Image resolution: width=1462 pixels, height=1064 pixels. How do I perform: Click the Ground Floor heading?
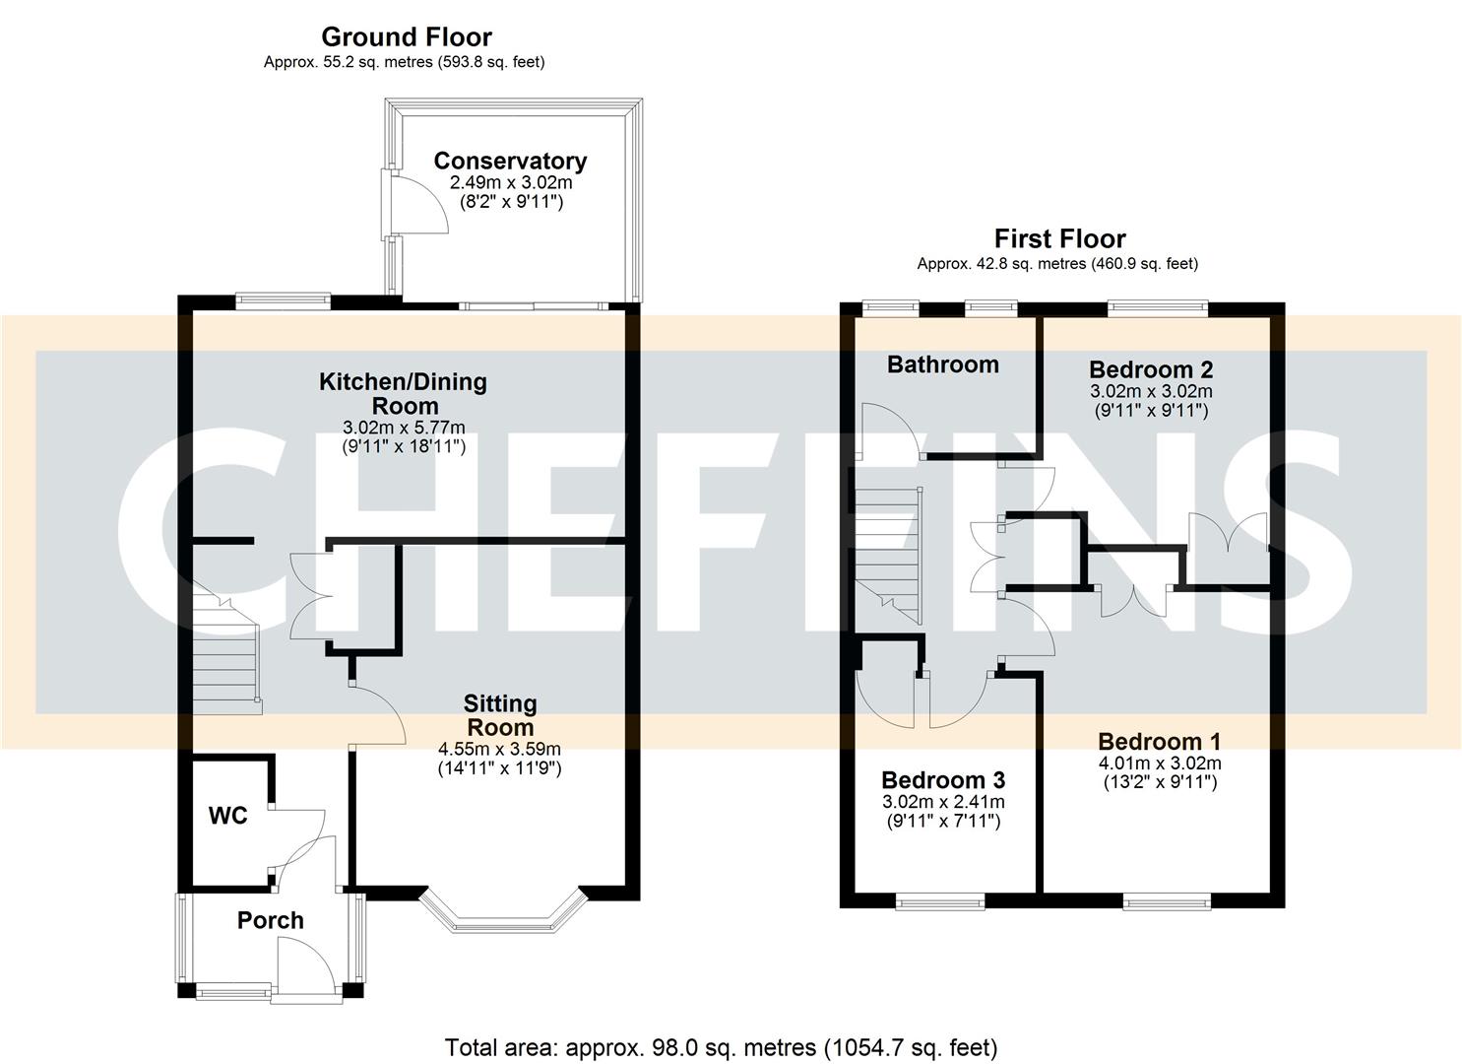[406, 37]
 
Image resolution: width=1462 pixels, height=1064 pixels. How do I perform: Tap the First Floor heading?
[1059, 239]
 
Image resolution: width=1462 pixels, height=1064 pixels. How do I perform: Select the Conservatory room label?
[510, 161]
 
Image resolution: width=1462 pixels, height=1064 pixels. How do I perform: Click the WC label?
[227, 816]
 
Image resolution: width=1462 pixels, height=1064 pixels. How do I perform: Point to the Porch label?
[270, 920]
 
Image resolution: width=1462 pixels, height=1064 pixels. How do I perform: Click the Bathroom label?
[942, 365]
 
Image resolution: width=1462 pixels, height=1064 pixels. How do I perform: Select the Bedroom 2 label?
[1150, 370]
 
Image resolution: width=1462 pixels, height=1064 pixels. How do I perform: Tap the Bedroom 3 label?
[942, 780]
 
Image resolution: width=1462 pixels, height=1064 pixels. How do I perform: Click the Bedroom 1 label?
[1159, 742]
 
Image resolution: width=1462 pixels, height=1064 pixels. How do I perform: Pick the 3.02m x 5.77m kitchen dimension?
[403, 428]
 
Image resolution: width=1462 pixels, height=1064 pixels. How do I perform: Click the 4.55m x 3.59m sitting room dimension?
[499, 749]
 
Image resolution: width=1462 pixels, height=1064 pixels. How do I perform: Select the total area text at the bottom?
[721, 1046]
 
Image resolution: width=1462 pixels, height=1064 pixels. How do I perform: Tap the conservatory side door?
[413, 202]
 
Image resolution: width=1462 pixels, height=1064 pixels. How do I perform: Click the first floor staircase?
[889, 552]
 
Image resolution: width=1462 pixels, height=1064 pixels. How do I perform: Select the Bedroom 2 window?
[1158, 308]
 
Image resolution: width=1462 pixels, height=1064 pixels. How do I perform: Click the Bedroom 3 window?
[940, 900]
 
